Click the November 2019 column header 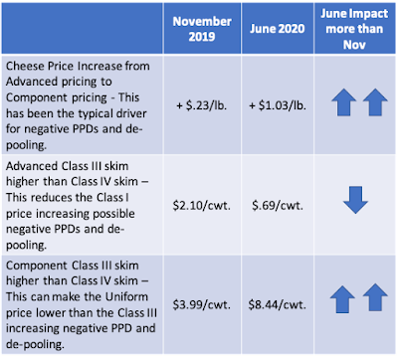pyautogui.click(x=202, y=29)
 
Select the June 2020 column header pyautogui.click(x=278, y=29)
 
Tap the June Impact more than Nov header pyautogui.click(x=354, y=29)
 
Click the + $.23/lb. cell pyautogui.click(x=202, y=105)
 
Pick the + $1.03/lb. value pyautogui.click(x=278, y=105)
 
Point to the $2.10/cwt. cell pyautogui.click(x=202, y=206)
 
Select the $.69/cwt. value pyautogui.click(x=278, y=206)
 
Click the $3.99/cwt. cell pyautogui.click(x=202, y=304)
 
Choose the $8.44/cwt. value pyautogui.click(x=278, y=304)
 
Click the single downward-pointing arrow pyautogui.click(x=355, y=200)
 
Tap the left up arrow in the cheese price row pyautogui.click(x=344, y=102)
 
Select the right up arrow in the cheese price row pyautogui.click(x=375, y=102)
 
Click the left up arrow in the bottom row pyautogui.click(x=342, y=299)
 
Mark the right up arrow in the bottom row pyautogui.click(x=375, y=297)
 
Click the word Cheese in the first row pyautogui.click(x=25, y=66)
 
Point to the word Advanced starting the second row pyautogui.click(x=32, y=165)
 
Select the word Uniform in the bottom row pyautogui.click(x=126, y=296)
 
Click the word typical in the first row pyautogui.click(x=99, y=113)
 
